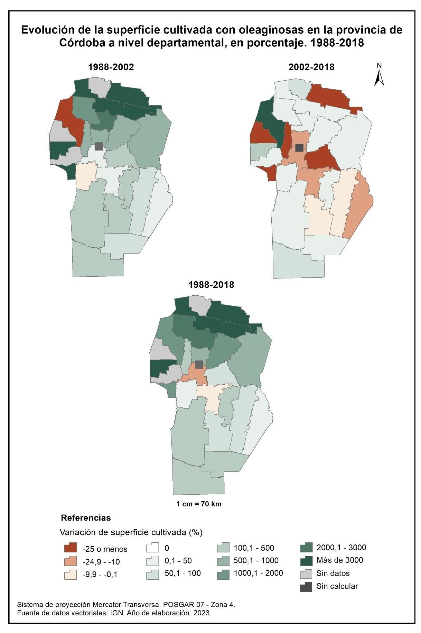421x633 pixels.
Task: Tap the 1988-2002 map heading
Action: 111,67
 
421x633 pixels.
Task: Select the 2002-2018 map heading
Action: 311,67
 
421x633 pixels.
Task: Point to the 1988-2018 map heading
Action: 211,285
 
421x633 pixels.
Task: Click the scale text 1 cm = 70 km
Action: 199,504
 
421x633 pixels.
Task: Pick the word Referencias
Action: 86,518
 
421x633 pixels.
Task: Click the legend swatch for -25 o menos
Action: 70,548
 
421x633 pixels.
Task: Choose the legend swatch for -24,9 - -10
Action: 70,561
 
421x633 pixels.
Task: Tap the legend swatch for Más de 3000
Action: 306,560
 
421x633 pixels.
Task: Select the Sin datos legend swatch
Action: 306,574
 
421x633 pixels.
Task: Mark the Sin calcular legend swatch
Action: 306,587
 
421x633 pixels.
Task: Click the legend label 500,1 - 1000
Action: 256,561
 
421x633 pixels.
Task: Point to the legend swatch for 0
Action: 152,548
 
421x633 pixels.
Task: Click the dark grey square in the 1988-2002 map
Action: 99,146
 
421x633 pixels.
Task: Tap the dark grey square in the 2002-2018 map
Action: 299,148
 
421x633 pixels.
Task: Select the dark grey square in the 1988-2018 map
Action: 199,365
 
